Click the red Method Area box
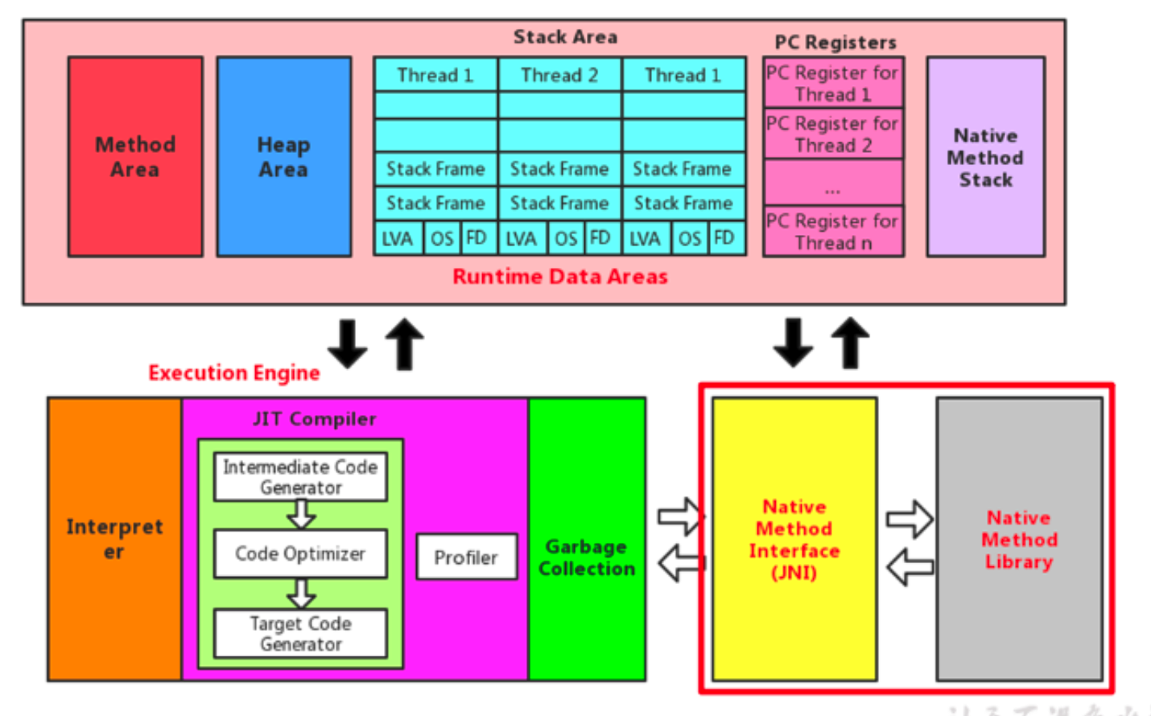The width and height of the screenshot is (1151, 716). (x=135, y=157)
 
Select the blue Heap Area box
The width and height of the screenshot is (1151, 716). (x=283, y=157)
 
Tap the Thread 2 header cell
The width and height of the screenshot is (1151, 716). (x=559, y=76)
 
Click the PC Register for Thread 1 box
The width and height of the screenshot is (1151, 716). (x=833, y=83)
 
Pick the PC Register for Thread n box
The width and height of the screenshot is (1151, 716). (x=833, y=232)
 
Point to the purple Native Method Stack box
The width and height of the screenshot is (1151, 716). (x=985, y=157)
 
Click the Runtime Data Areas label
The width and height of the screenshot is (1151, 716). (x=560, y=277)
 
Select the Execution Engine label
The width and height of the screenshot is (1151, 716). (x=234, y=373)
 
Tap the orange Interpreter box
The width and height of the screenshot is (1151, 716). (x=114, y=539)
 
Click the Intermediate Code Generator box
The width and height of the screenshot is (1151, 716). (x=300, y=477)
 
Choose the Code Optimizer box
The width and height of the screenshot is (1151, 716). (x=300, y=553)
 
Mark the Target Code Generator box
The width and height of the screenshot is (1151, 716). (x=300, y=634)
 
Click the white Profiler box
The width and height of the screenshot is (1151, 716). (x=466, y=558)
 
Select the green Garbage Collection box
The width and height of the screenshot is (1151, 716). (x=587, y=557)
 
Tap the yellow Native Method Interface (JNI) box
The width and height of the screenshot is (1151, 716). (x=794, y=539)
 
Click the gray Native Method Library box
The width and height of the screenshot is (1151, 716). (x=1019, y=539)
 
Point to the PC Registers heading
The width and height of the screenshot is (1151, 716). (x=835, y=43)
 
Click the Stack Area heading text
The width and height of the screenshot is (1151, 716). (x=565, y=37)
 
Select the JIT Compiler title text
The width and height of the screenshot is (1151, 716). (x=314, y=419)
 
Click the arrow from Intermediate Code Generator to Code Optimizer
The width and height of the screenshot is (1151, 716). (x=301, y=514)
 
